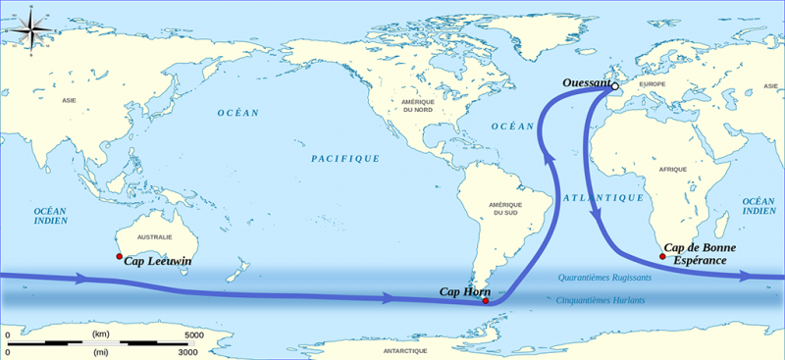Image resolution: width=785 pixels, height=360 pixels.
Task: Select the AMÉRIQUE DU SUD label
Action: (x=505, y=208)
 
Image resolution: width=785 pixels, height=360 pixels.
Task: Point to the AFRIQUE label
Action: (x=673, y=170)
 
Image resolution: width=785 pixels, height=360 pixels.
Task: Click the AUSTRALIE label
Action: (x=156, y=237)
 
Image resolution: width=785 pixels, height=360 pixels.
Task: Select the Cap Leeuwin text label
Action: (x=157, y=262)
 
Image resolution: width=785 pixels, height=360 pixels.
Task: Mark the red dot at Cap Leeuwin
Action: (x=120, y=258)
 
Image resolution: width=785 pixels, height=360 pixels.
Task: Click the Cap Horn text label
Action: (x=463, y=291)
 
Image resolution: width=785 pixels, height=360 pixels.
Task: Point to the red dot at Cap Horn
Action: (x=486, y=300)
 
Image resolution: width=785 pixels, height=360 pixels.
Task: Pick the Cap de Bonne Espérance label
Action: (x=700, y=254)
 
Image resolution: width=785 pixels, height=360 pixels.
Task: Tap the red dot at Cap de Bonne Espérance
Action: (x=662, y=257)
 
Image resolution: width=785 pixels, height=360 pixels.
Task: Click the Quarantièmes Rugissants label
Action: (x=604, y=278)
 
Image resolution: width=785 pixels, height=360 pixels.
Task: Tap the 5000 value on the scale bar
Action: (x=194, y=335)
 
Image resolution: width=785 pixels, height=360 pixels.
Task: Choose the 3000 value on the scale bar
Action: (x=186, y=351)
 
